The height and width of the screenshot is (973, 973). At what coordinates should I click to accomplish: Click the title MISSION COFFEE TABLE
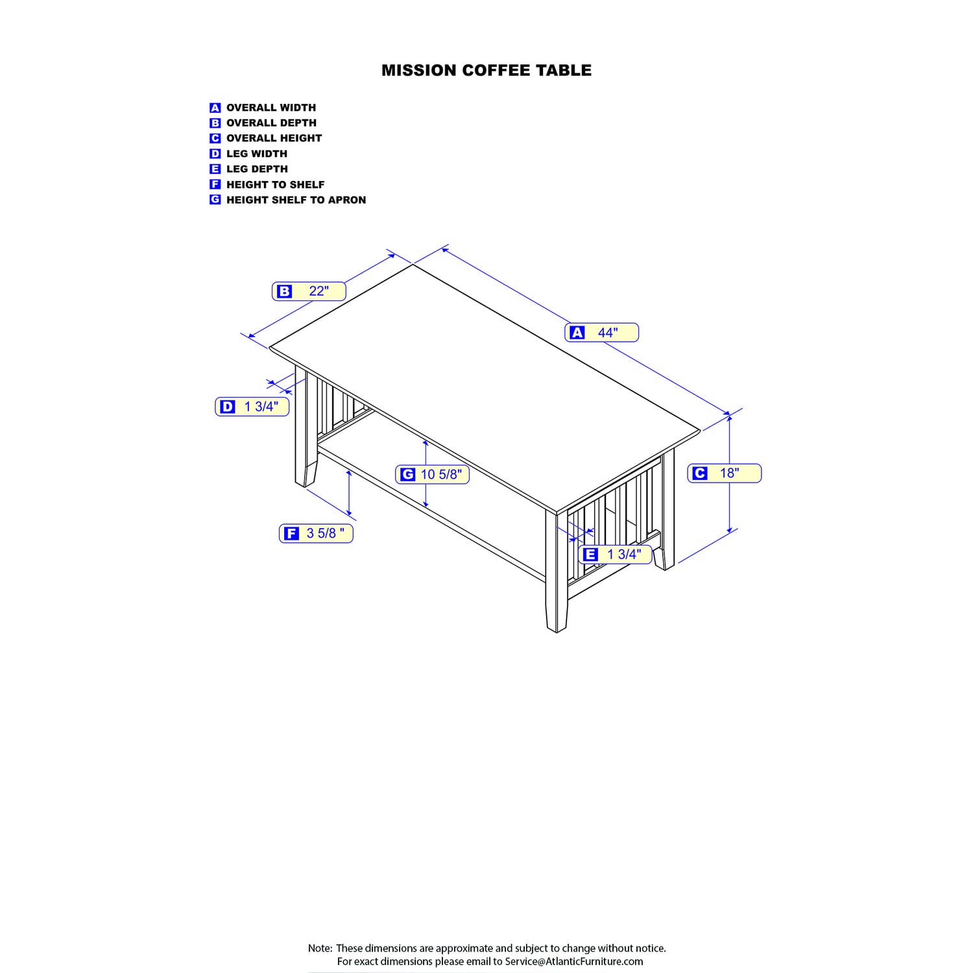486,70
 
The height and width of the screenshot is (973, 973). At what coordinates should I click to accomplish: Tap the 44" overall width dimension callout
602,333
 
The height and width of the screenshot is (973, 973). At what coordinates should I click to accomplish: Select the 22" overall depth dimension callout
309,291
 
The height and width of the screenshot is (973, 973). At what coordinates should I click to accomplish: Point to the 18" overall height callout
725,474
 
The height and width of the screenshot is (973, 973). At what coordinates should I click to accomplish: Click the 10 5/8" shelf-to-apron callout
432,475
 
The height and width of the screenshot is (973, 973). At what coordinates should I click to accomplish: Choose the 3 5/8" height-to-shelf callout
316,533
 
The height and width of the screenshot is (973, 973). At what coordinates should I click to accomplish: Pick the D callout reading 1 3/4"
252,407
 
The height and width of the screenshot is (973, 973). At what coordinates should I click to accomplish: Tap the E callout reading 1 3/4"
615,555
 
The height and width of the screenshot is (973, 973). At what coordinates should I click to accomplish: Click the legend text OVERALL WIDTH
271,108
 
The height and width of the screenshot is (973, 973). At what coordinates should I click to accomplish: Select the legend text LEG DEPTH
257,169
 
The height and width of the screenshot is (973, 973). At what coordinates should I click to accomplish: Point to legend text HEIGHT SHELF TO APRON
296,200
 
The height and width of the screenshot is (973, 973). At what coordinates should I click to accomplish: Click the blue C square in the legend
215,138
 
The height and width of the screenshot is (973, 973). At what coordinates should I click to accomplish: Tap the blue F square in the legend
215,184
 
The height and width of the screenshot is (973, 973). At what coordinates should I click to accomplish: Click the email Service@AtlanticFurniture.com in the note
574,961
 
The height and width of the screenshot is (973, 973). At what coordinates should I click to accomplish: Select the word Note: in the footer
320,948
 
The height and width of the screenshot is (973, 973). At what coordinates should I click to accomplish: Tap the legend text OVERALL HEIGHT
274,138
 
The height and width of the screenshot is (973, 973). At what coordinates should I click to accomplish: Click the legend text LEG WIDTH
257,154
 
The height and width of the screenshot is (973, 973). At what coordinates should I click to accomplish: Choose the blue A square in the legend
215,108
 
